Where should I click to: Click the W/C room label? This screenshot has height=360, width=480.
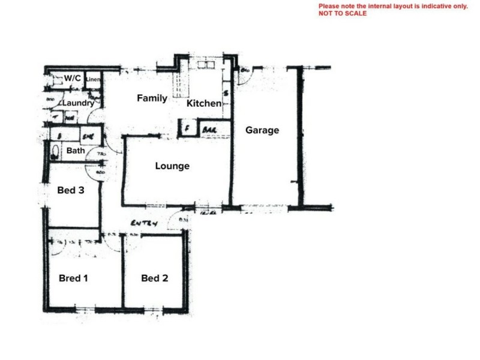73,79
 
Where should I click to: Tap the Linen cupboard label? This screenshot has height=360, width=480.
92,79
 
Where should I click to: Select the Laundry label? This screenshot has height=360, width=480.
78,103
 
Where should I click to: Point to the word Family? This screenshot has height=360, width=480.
152,98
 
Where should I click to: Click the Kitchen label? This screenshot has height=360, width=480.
204,104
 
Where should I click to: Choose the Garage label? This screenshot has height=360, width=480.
262,130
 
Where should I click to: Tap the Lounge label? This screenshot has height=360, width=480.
172,166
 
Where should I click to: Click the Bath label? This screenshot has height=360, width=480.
76,151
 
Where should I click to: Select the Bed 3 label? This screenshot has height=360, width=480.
70,191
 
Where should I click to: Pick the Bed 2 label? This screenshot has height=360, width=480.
154,278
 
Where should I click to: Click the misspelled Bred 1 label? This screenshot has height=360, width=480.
74,278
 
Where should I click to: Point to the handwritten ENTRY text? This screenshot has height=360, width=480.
145,223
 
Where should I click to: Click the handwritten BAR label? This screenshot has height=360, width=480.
209,130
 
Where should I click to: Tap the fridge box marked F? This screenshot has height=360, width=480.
187,129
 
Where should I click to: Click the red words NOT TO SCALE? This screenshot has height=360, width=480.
343,13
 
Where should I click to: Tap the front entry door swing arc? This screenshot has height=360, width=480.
176,222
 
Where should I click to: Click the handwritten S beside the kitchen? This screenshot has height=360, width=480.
226,94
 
